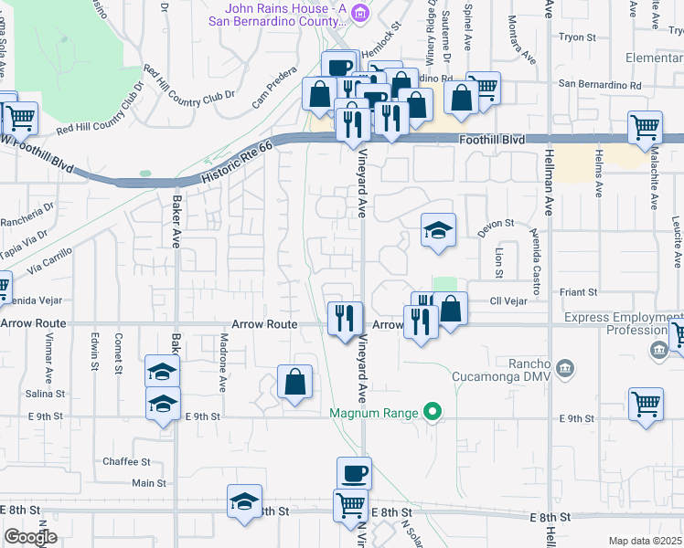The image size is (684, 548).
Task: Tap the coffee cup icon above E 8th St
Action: tap(354, 473)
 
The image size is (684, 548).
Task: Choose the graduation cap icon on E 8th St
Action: tap(244, 501)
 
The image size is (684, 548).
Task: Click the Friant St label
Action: tap(579, 292)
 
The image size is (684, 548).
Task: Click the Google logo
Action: tap(30, 537)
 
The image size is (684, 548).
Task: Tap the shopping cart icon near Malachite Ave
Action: tap(646, 128)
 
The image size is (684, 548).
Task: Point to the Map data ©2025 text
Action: tap(645, 541)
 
